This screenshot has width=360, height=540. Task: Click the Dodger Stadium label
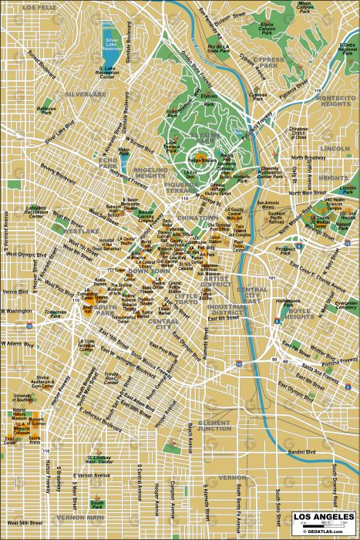202,159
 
